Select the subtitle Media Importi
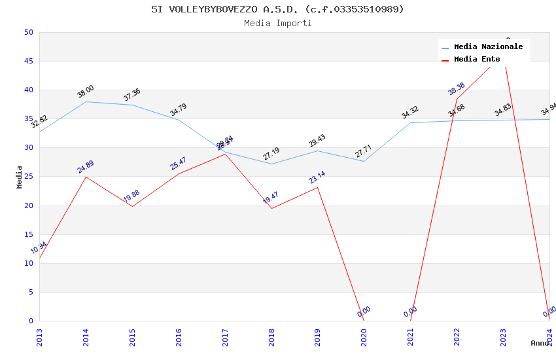pos(277,24)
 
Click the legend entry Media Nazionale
pos(488,47)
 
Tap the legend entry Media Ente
pos(477,60)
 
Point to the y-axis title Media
pos(20,177)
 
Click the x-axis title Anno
pos(540,343)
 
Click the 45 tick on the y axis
pos(28,62)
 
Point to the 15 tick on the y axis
pos(28,234)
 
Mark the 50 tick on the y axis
pos(28,33)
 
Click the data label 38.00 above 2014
pos(86,91)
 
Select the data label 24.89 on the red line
pos(86,167)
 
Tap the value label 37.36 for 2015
pos(132,95)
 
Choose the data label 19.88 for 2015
pos(132,196)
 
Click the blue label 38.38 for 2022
pos(457,88)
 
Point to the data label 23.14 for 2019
pos(317,177)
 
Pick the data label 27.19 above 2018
pos(271,154)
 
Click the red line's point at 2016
pos(179,173)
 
